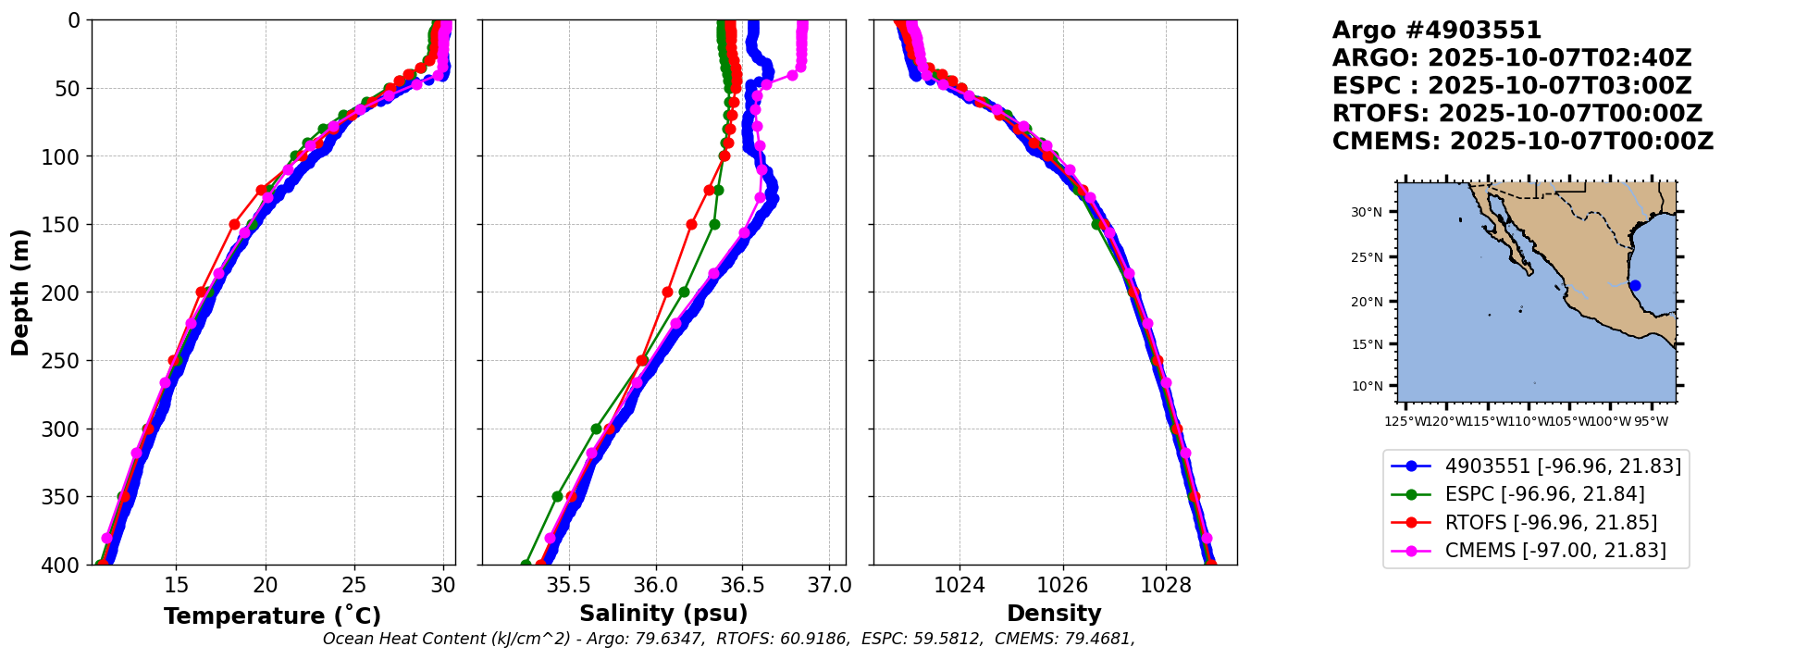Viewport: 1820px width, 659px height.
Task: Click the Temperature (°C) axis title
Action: tap(272, 616)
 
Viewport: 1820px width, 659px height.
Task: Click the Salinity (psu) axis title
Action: tap(663, 614)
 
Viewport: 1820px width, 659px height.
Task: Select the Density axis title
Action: tap(1054, 614)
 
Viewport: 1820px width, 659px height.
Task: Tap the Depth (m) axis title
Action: tap(20, 292)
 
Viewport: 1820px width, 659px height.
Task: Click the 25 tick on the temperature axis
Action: tap(354, 585)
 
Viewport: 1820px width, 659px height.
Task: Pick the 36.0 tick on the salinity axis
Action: tap(656, 585)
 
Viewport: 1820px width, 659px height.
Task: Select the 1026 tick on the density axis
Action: tap(1062, 585)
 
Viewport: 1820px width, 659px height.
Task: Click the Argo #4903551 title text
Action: tap(1437, 31)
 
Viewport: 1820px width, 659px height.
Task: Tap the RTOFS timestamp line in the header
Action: tap(1517, 114)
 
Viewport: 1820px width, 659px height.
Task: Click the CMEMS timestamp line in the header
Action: tap(1523, 142)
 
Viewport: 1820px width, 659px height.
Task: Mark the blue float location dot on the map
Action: tap(1635, 285)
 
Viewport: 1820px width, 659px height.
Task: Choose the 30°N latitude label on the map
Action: tap(1367, 213)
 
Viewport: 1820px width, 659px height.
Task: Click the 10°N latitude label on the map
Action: tap(1367, 386)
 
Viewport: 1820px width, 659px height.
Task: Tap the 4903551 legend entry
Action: tap(1563, 466)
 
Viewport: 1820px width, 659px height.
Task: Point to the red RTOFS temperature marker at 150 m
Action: tap(234, 224)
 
